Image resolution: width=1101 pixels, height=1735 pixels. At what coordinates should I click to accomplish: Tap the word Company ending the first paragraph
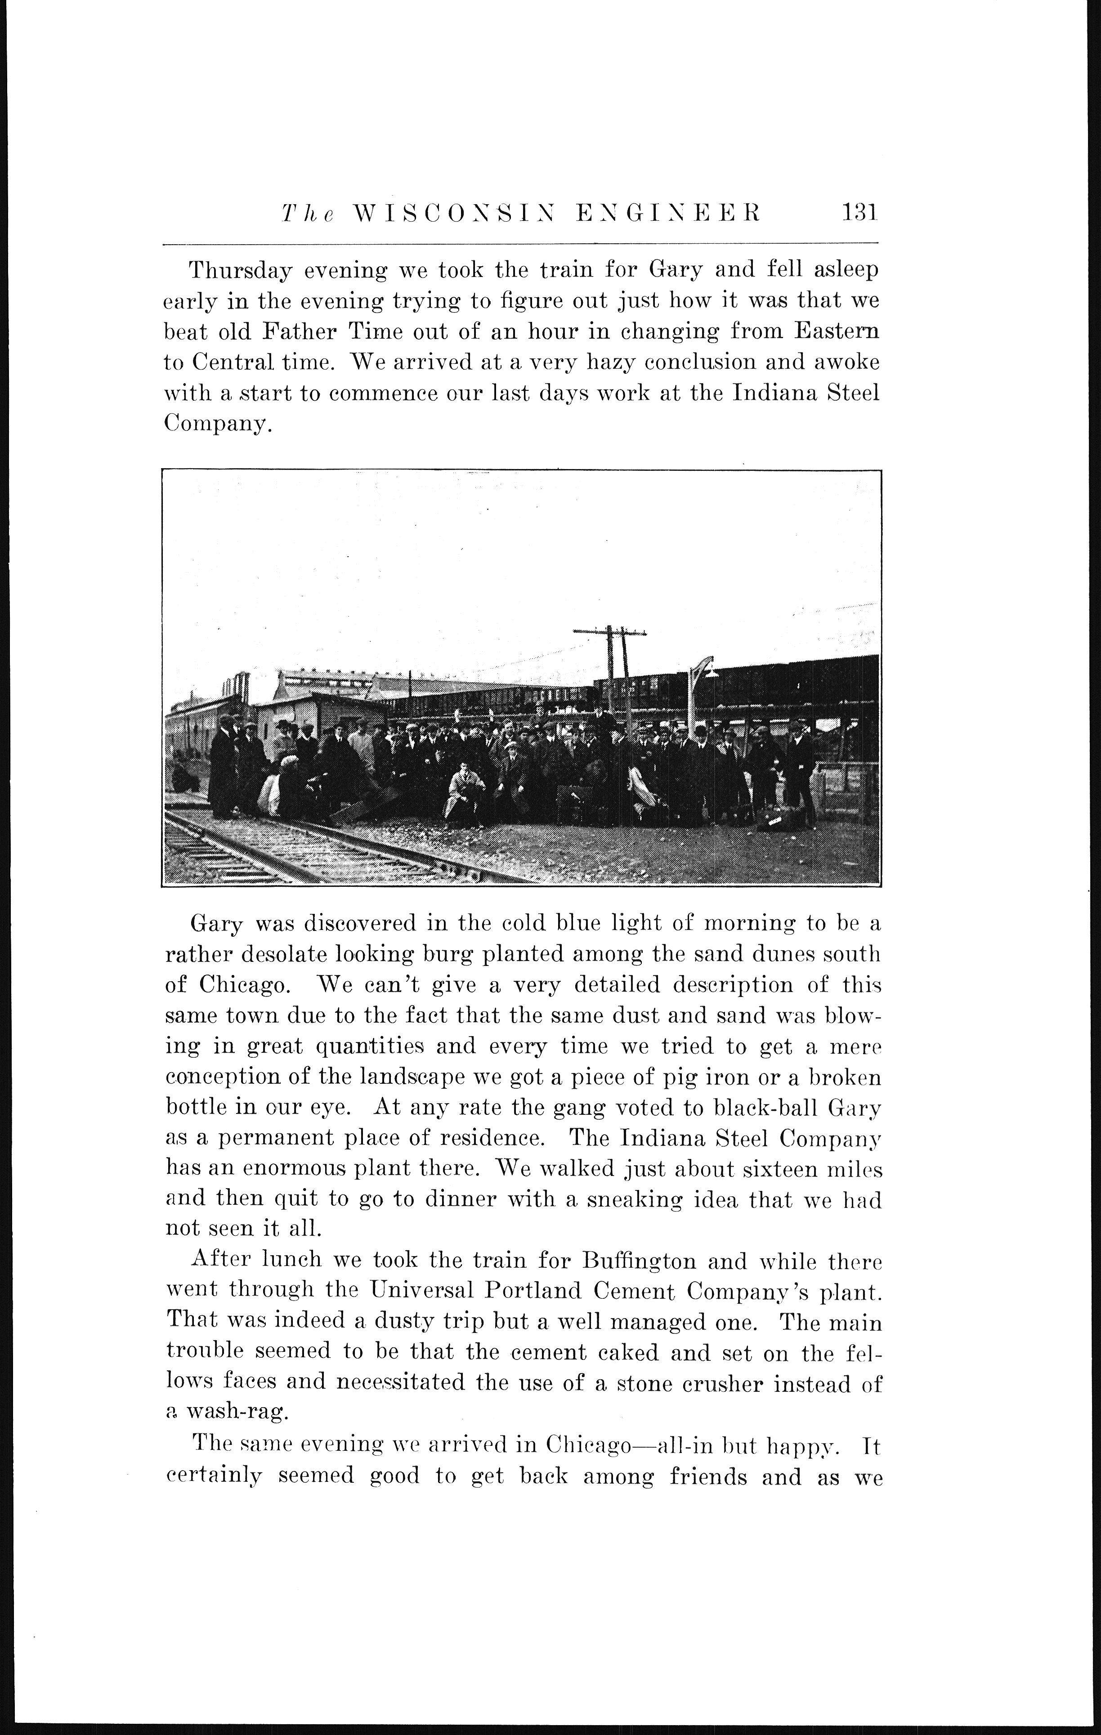coord(216,425)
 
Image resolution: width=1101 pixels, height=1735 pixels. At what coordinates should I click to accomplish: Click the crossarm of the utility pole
coord(609,632)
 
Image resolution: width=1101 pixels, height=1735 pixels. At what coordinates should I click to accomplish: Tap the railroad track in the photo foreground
coord(303,850)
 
